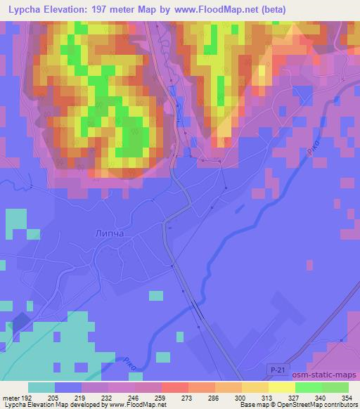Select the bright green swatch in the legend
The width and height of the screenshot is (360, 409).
tap(308, 387)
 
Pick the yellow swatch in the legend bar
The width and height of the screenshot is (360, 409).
tap(281, 387)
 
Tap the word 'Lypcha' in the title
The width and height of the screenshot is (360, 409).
tap(29, 10)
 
